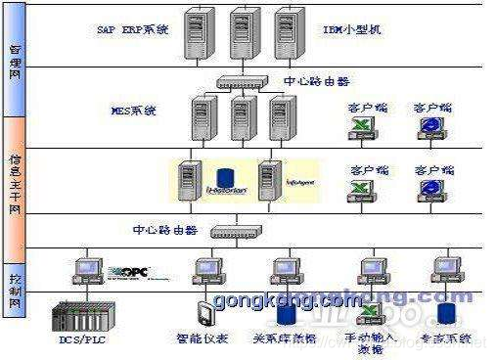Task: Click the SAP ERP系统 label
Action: [x=132, y=30]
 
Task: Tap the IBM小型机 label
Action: [x=353, y=30]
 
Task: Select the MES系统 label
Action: [x=137, y=111]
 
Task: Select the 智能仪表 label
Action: [x=210, y=339]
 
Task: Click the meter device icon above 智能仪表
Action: [x=203, y=313]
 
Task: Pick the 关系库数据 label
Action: [x=286, y=339]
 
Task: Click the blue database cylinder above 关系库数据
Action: [x=286, y=313]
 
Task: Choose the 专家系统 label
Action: [x=449, y=339]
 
